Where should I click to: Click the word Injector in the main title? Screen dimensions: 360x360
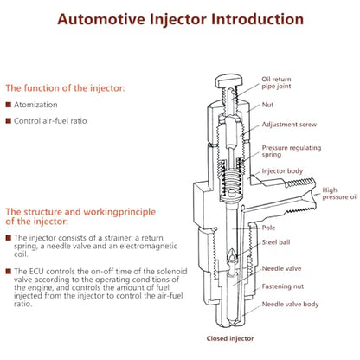coord(178,20)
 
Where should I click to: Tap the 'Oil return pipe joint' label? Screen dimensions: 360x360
coord(276,82)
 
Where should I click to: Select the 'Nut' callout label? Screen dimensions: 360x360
coord(267,105)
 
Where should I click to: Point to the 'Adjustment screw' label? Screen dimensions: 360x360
coord(289,125)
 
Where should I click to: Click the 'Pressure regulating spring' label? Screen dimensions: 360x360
coord(292,151)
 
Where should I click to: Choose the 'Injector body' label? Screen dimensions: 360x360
coord(282,171)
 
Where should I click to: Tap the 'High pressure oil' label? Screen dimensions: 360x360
coord(340,194)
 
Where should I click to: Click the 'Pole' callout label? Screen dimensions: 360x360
coord(268,228)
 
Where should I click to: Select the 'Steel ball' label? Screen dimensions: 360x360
coord(276,242)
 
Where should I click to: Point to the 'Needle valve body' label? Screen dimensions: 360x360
coord(290,305)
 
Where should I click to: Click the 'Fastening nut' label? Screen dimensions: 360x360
coord(283,286)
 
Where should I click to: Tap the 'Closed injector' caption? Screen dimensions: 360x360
coord(230,338)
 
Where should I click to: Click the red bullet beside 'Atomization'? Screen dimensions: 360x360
coord(9,105)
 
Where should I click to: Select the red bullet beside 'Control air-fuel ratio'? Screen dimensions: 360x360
coord(9,120)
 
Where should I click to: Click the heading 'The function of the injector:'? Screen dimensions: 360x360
coord(65,88)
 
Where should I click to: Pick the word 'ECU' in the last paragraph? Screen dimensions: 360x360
coord(36,272)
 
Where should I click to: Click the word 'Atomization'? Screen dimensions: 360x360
coord(35,105)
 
